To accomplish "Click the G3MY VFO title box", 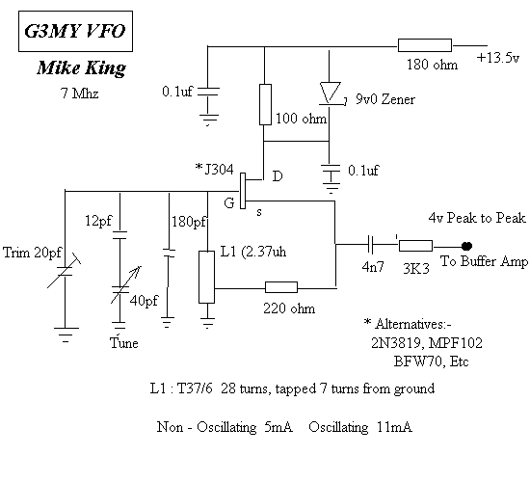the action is [75, 31].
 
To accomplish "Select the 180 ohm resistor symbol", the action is [425, 45].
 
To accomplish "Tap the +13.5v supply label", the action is [498, 58].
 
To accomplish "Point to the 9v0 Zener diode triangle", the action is [331, 94].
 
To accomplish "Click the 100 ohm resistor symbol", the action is [265, 104].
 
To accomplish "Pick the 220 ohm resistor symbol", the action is [281, 287].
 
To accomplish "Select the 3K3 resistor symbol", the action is [415, 246].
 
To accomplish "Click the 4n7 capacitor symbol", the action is [370, 245].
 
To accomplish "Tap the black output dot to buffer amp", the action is [466, 246].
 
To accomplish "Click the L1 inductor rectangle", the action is [206, 277].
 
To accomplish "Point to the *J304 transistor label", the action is [215, 169].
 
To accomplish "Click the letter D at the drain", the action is [278, 176].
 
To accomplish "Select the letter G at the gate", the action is [228, 203].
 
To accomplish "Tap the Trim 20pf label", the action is [33, 253].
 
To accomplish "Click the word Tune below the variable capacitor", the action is [124, 343].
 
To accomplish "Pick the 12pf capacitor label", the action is [98, 221].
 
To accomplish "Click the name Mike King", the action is [82, 68].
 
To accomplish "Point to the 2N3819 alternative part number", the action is [397, 343].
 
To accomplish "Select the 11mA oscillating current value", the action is [394, 427].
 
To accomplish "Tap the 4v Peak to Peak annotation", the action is [477, 218].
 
